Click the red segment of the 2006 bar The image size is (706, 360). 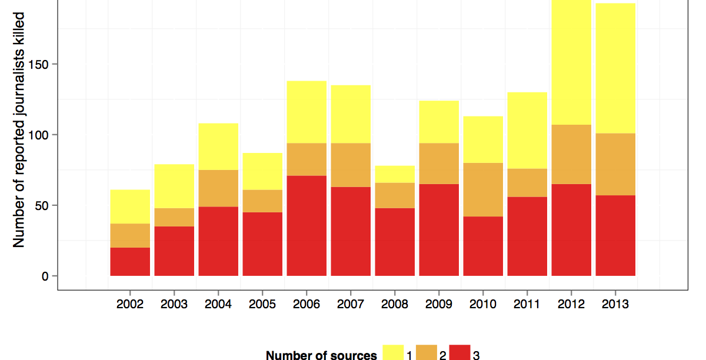tap(307, 225)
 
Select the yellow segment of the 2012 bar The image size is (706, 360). tap(571, 62)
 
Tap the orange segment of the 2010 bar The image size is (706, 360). tap(483, 189)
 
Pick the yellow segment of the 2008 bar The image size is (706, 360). tap(395, 174)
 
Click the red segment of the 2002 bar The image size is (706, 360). tap(130, 261)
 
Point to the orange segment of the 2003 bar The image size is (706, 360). tap(174, 217)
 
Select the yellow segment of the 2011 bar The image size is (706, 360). tap(527, 131)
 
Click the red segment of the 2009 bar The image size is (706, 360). tap(439, 229)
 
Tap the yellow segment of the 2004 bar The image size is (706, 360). tap(218, 146)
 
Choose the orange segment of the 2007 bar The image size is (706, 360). tap(351, 165)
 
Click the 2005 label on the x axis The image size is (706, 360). tap(262, 305)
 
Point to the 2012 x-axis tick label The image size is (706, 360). tap(571, 305)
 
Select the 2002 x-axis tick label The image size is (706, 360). tap(130, 305)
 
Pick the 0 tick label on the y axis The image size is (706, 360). tap(51, 276)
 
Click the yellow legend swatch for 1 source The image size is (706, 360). tap(393, 353)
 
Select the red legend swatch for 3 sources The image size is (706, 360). tap(460, 353)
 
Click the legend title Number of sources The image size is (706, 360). tap(321, 355)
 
